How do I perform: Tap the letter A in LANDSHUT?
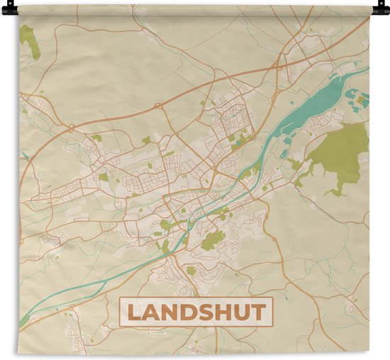click(x=153, y=313)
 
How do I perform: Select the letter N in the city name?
click(x=172, y=313)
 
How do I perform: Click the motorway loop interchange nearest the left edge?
click(x=72, y=128)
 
